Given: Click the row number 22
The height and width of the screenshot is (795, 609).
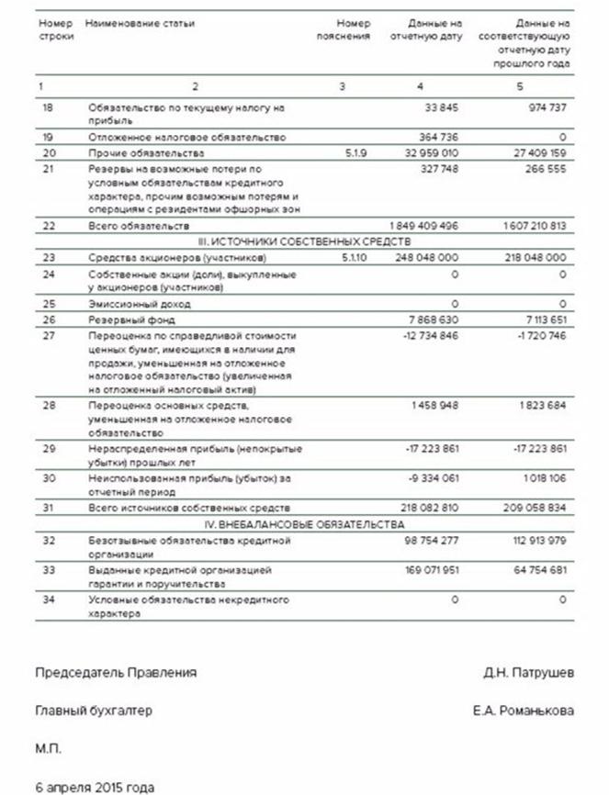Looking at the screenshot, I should click(x=49, y=225).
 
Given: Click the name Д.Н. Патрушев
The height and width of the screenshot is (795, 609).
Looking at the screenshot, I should click(x=529, y=673).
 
